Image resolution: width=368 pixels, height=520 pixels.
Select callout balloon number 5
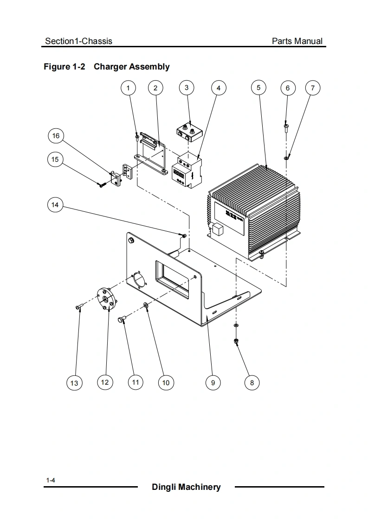click(x=258, y=87)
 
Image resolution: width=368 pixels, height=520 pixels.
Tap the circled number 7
click(x=313, y=88)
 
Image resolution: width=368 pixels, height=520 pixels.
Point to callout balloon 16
click(x=56, y=136)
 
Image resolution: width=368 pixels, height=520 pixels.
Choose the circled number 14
click(x=56, y=205)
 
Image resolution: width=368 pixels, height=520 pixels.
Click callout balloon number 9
click(x=213, y=382)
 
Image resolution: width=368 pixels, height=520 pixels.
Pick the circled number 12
click(x=104, y=382)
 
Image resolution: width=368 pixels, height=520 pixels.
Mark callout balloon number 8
click(x=252, y=382)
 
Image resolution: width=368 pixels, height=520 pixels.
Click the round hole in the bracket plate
click(x=138, y=280)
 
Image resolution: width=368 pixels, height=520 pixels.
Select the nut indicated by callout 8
click(x=236, y=342)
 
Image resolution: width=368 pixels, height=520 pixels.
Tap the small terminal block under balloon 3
click(x=188, y=131)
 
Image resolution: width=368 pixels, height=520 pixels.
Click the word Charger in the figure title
click(x=110, y=67)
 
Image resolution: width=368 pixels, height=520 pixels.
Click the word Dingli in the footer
click(x=164, y=487)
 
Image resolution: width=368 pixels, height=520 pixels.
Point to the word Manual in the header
click(x=309, y=41)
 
